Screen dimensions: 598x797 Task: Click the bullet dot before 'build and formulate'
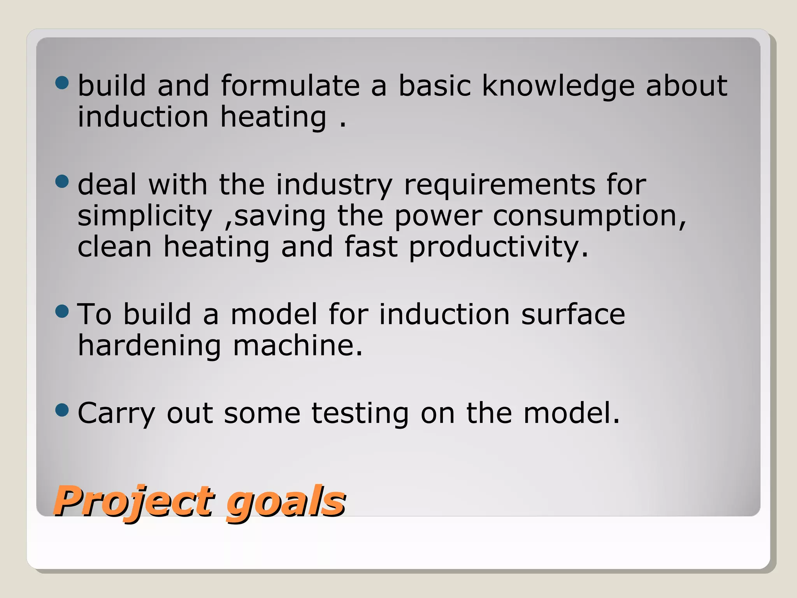coord(62,83)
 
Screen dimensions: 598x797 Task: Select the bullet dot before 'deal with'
coord(62,181)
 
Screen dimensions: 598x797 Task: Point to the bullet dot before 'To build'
coord(62,311)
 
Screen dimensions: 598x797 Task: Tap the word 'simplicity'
coord(145,216)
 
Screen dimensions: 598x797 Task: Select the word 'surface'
coord(573,314)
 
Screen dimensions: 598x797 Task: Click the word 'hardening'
coord(149,346)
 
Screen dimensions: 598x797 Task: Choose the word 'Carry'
coord(116,413)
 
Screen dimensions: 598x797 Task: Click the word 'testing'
coord(360,413)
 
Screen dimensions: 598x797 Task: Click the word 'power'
coord(438,216)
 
